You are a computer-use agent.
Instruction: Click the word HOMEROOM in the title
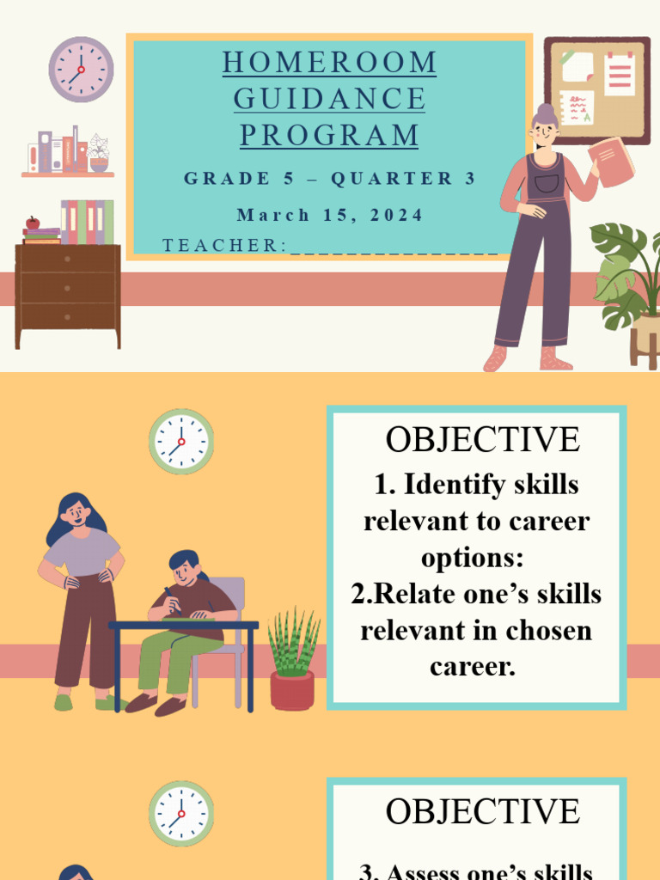[329, 63]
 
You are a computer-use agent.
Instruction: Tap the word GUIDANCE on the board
[329, 99]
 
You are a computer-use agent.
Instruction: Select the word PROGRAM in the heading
[329, 135]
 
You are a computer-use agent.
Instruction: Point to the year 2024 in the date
[398, 215]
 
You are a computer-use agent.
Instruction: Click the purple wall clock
[81, 70]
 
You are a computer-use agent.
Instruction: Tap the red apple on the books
[33, 223]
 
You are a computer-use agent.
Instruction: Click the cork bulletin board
[596, 90]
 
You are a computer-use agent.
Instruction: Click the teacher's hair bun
[543, 111]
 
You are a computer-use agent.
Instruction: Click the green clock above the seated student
[181, 442]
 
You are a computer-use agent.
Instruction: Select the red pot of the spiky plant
[292, 690]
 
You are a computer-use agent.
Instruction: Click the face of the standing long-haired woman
[76, 514]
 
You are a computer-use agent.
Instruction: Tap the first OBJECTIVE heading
[482, 440]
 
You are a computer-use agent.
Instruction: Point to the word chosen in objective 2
[546, 630]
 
